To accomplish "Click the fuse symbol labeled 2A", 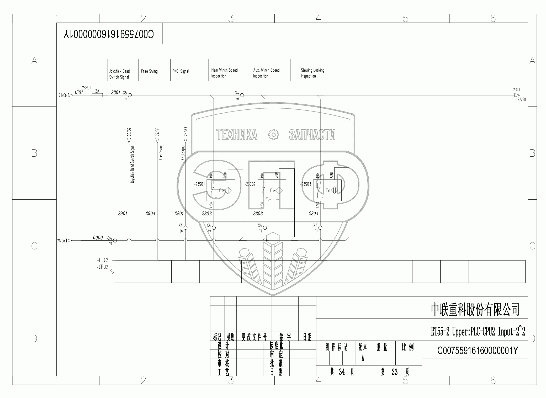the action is point(97,95).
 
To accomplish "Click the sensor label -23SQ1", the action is point(199,184).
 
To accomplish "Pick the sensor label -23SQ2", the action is point(250,184).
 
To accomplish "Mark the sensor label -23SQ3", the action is point(306,184).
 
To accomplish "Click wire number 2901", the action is point(123,214).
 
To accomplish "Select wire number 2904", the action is point(150,214).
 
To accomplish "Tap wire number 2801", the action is point(179,214).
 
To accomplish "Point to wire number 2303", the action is point(258,214).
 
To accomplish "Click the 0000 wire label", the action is point(98,238).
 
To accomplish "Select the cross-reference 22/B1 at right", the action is point(522,100).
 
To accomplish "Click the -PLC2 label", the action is point(103,260).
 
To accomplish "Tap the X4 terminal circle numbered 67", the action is point(242,95).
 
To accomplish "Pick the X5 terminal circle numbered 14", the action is point(130,95).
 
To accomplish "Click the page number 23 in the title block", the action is point(395,372).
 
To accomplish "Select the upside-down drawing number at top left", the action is point(109,34).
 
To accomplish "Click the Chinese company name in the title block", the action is point(475,310).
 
